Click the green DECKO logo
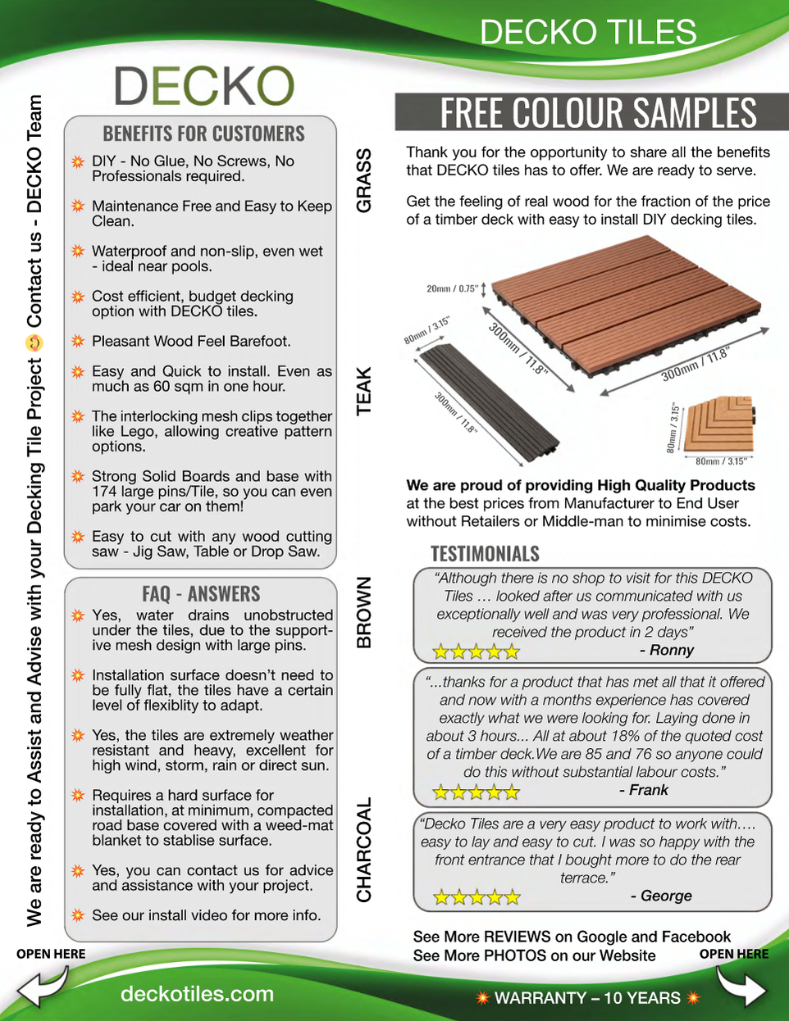(x=204, y=86)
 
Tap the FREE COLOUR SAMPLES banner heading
(x=598, y=113)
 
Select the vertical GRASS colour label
(x=364, y=180)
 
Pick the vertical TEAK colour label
(x=364, y=390)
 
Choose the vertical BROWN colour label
(x=364, y=612)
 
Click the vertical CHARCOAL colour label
(x=364, y=850)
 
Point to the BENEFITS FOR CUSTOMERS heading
(x=203, y=134)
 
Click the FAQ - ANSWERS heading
(x=201, y=594)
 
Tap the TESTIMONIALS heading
(x=485, y=554)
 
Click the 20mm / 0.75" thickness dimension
(x=452, y=288)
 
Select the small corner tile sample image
(x=719, y=425)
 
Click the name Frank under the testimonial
(x=648, y=790)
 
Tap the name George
(x=666, y=896)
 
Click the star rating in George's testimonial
(x=477, y=897)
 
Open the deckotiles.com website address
(x=197, y=994)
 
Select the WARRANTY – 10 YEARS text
(x=588, y=998)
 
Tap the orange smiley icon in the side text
(x=34, y=343)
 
